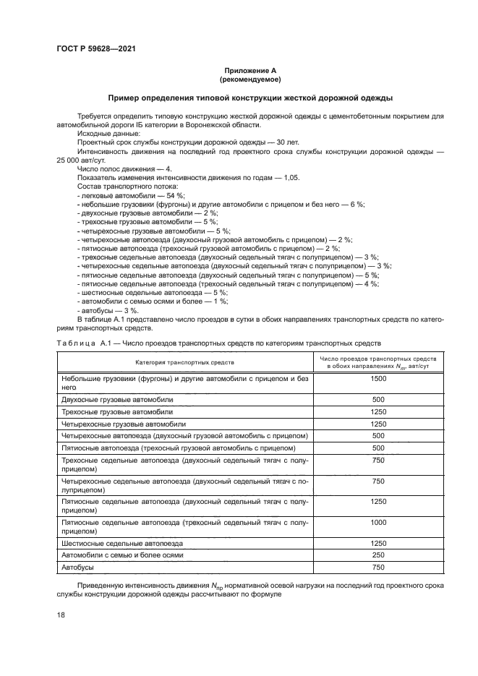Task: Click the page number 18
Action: [61, 615]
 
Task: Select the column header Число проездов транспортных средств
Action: [377, 359]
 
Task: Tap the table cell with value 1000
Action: [377, 522]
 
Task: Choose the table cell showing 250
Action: [377, 555]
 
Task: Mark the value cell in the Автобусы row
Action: [377, 568]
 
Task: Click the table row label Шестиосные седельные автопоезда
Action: [122, 542]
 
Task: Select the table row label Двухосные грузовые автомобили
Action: [117, 399]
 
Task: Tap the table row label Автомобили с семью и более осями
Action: [122, 555]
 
